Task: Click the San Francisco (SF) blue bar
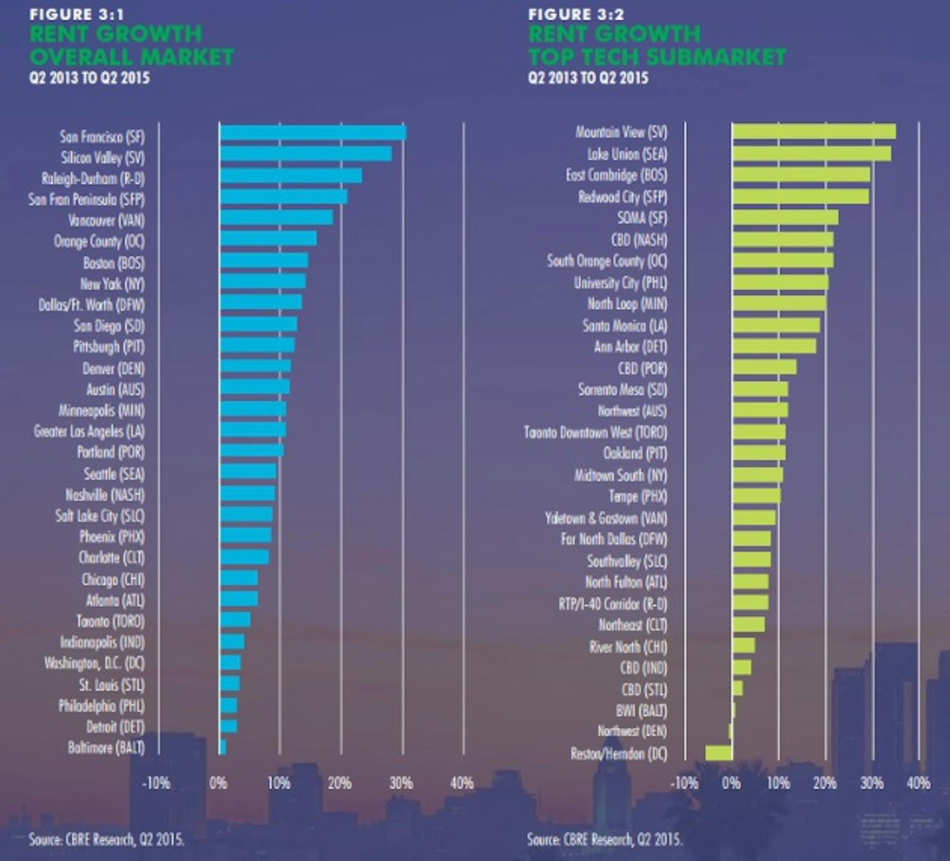[313, 133]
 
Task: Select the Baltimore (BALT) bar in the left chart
[223, 748]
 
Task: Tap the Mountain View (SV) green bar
[814, 131]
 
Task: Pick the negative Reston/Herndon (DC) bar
[719, 753]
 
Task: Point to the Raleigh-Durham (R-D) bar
[291, 176]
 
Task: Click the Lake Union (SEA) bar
[811, 153]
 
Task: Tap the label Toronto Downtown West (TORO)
[596, 432]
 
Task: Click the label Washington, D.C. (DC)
[94, 664]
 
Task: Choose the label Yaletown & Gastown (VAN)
[606, 518]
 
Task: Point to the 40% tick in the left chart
[462, 784]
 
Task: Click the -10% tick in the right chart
[684, 784]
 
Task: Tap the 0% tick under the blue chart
[218, 784]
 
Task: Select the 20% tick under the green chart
[825, 784]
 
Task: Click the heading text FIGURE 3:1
[77, 15]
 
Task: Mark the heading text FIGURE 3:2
[576, 15]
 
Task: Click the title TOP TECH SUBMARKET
[658, 57]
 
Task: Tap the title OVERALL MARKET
[132, 57]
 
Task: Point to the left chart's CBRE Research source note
[106, 839]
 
